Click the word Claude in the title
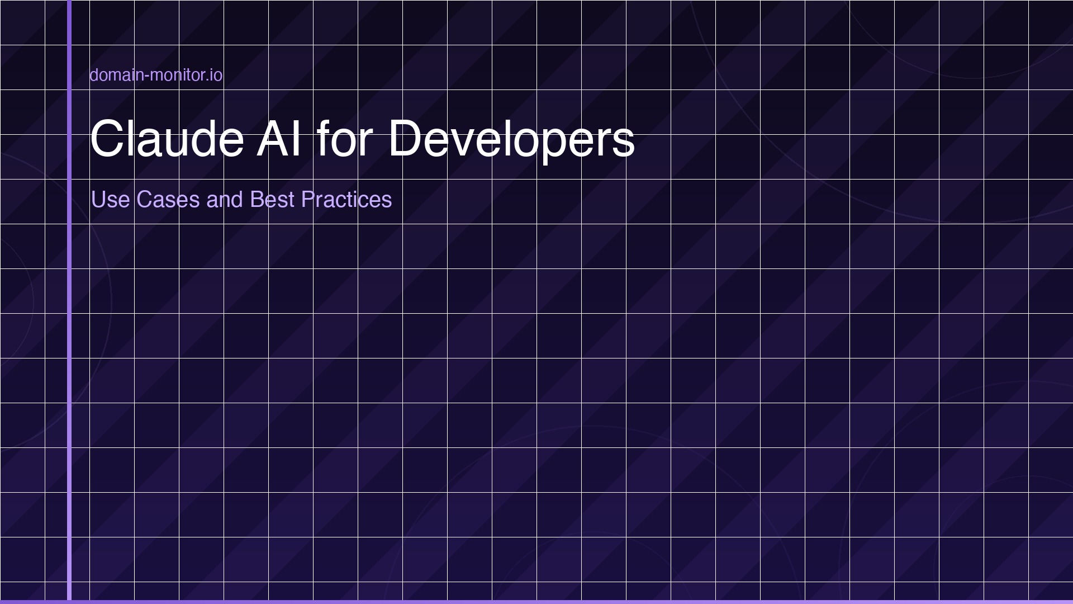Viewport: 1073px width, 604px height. [x=167, y=138]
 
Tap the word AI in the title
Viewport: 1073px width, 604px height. [x=279, y=138]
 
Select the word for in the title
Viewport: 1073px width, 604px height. [x=344, y=138]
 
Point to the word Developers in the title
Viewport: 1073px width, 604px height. [x=511, y=140]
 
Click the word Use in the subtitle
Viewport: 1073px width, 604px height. [x=110, y=200]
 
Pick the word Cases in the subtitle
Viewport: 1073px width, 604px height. [x=168, y=200]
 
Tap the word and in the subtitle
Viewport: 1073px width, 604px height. [x=224, y=200]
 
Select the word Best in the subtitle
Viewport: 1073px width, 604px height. [x=272, y=200]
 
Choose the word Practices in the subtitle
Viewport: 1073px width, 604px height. [x=346, y=200]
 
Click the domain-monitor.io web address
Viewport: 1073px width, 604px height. [x=156, y=75]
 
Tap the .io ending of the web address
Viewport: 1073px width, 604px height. [x=215, y=75]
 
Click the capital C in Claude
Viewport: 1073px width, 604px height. [x=106, y=138]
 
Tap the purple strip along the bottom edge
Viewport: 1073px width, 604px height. [x=536, y=602]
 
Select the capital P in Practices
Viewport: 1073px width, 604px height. [x=308, y=200]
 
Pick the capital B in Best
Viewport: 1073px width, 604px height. [x=257, y=200]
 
